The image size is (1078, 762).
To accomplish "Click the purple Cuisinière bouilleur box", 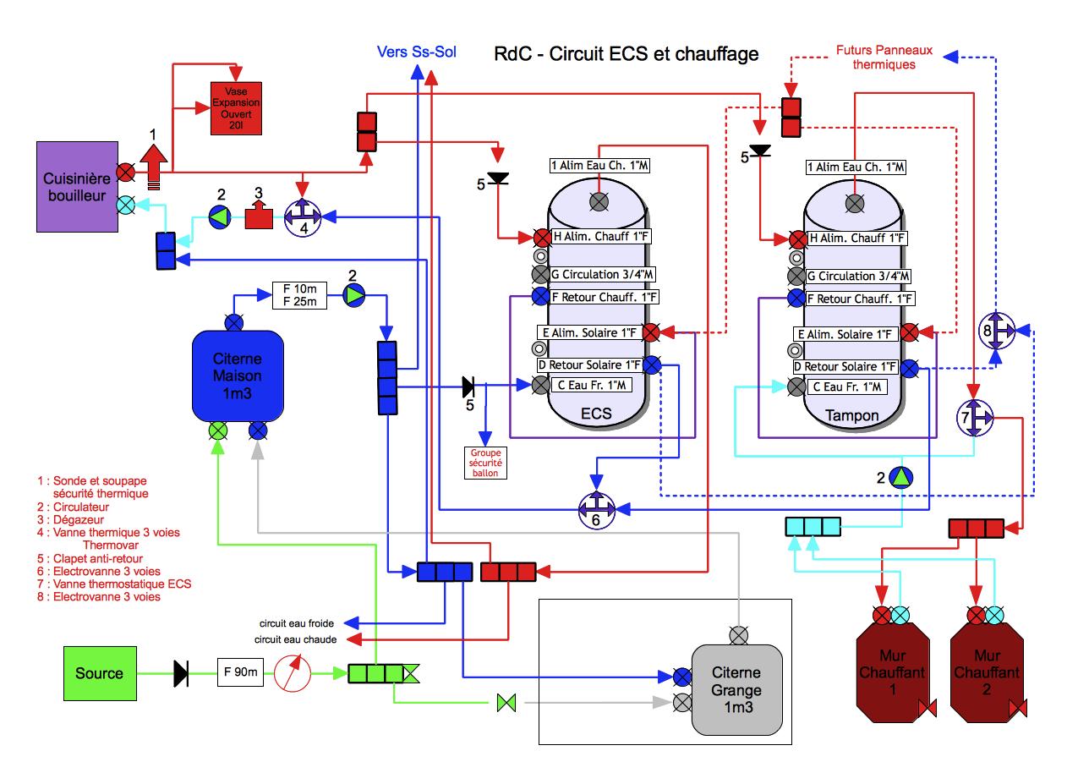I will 75,186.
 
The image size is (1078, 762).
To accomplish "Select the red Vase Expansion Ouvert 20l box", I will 235,107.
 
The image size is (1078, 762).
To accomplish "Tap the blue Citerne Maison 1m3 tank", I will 238,375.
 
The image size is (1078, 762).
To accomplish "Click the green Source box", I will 99,673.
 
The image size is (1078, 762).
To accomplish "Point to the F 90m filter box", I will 241,673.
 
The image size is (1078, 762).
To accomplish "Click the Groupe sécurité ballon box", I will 484,462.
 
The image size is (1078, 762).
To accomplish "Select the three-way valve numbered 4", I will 303,217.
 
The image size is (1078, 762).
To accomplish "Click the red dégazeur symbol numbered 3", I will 259,216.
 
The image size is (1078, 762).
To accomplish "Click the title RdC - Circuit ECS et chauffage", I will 626,55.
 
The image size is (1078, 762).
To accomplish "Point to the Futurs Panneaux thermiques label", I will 884,57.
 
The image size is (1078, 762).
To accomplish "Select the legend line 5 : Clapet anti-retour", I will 91,558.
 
